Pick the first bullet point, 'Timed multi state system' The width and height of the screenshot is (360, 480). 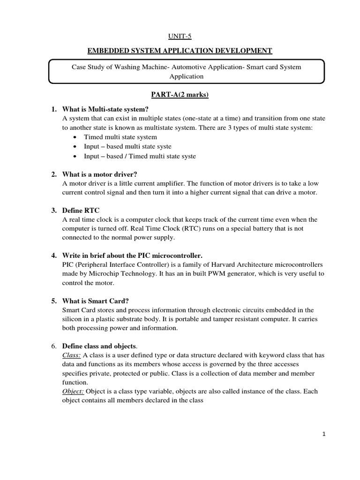[120, 137]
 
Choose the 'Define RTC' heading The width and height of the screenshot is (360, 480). [81, 210]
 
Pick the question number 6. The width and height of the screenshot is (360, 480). [53, 346]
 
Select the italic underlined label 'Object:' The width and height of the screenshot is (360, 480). [73, 392]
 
